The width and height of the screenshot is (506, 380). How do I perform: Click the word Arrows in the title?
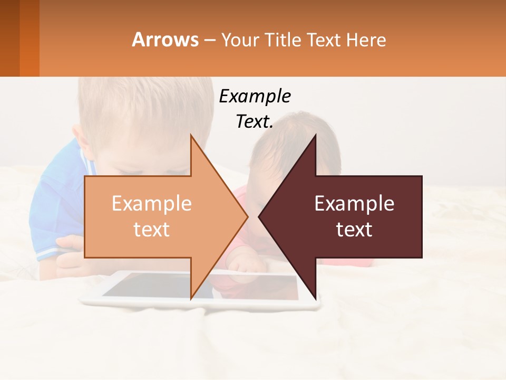[165, 40]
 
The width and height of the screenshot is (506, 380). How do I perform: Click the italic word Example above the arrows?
[255, 97]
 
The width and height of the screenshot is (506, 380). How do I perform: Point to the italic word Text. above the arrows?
[255, 121]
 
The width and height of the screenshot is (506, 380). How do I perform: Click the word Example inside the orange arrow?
[151, 204]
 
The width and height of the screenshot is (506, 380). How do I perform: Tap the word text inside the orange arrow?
[151, 230]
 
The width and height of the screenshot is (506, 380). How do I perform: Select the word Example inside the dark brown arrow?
[354, 204]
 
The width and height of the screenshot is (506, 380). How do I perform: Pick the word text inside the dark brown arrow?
[354, 230]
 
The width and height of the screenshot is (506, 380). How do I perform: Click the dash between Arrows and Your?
[210, 40]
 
